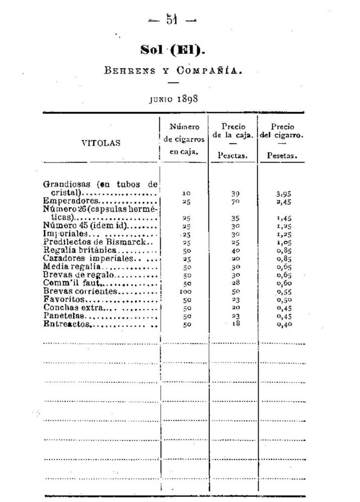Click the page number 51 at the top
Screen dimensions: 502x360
pyautogui.click(x=173, y=21)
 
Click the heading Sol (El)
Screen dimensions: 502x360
pyautogui.click(x=173, y=51)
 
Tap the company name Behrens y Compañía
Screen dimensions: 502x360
pyautogui.click(x=173, y=70)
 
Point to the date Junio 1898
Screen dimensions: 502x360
pyautogui.click(x=173, y=98)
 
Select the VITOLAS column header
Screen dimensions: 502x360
pyautogui.click(x=101, y=143)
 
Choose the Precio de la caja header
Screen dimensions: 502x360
pyautogui.click(x=233, y=131)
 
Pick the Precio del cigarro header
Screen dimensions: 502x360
pyautogui.click(x=282, y=131)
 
